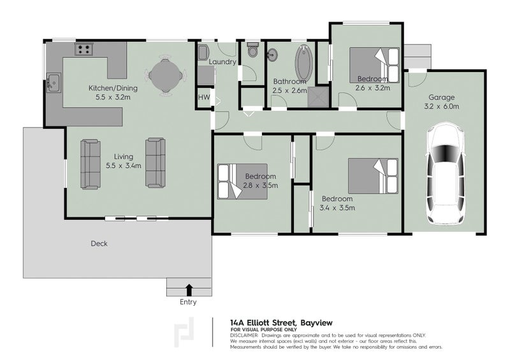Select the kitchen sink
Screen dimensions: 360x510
[53, 82]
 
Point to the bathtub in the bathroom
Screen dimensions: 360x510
[301, 62]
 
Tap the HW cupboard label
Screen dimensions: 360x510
[203, 97]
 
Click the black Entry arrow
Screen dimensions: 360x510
[189, 289]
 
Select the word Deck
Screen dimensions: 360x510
[99, 243]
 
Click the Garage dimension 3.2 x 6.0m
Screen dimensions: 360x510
[441, 107]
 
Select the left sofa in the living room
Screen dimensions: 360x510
[91, 164]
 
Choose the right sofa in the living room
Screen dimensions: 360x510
[155, 164]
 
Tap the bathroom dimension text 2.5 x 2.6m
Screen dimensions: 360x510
[289, 90]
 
